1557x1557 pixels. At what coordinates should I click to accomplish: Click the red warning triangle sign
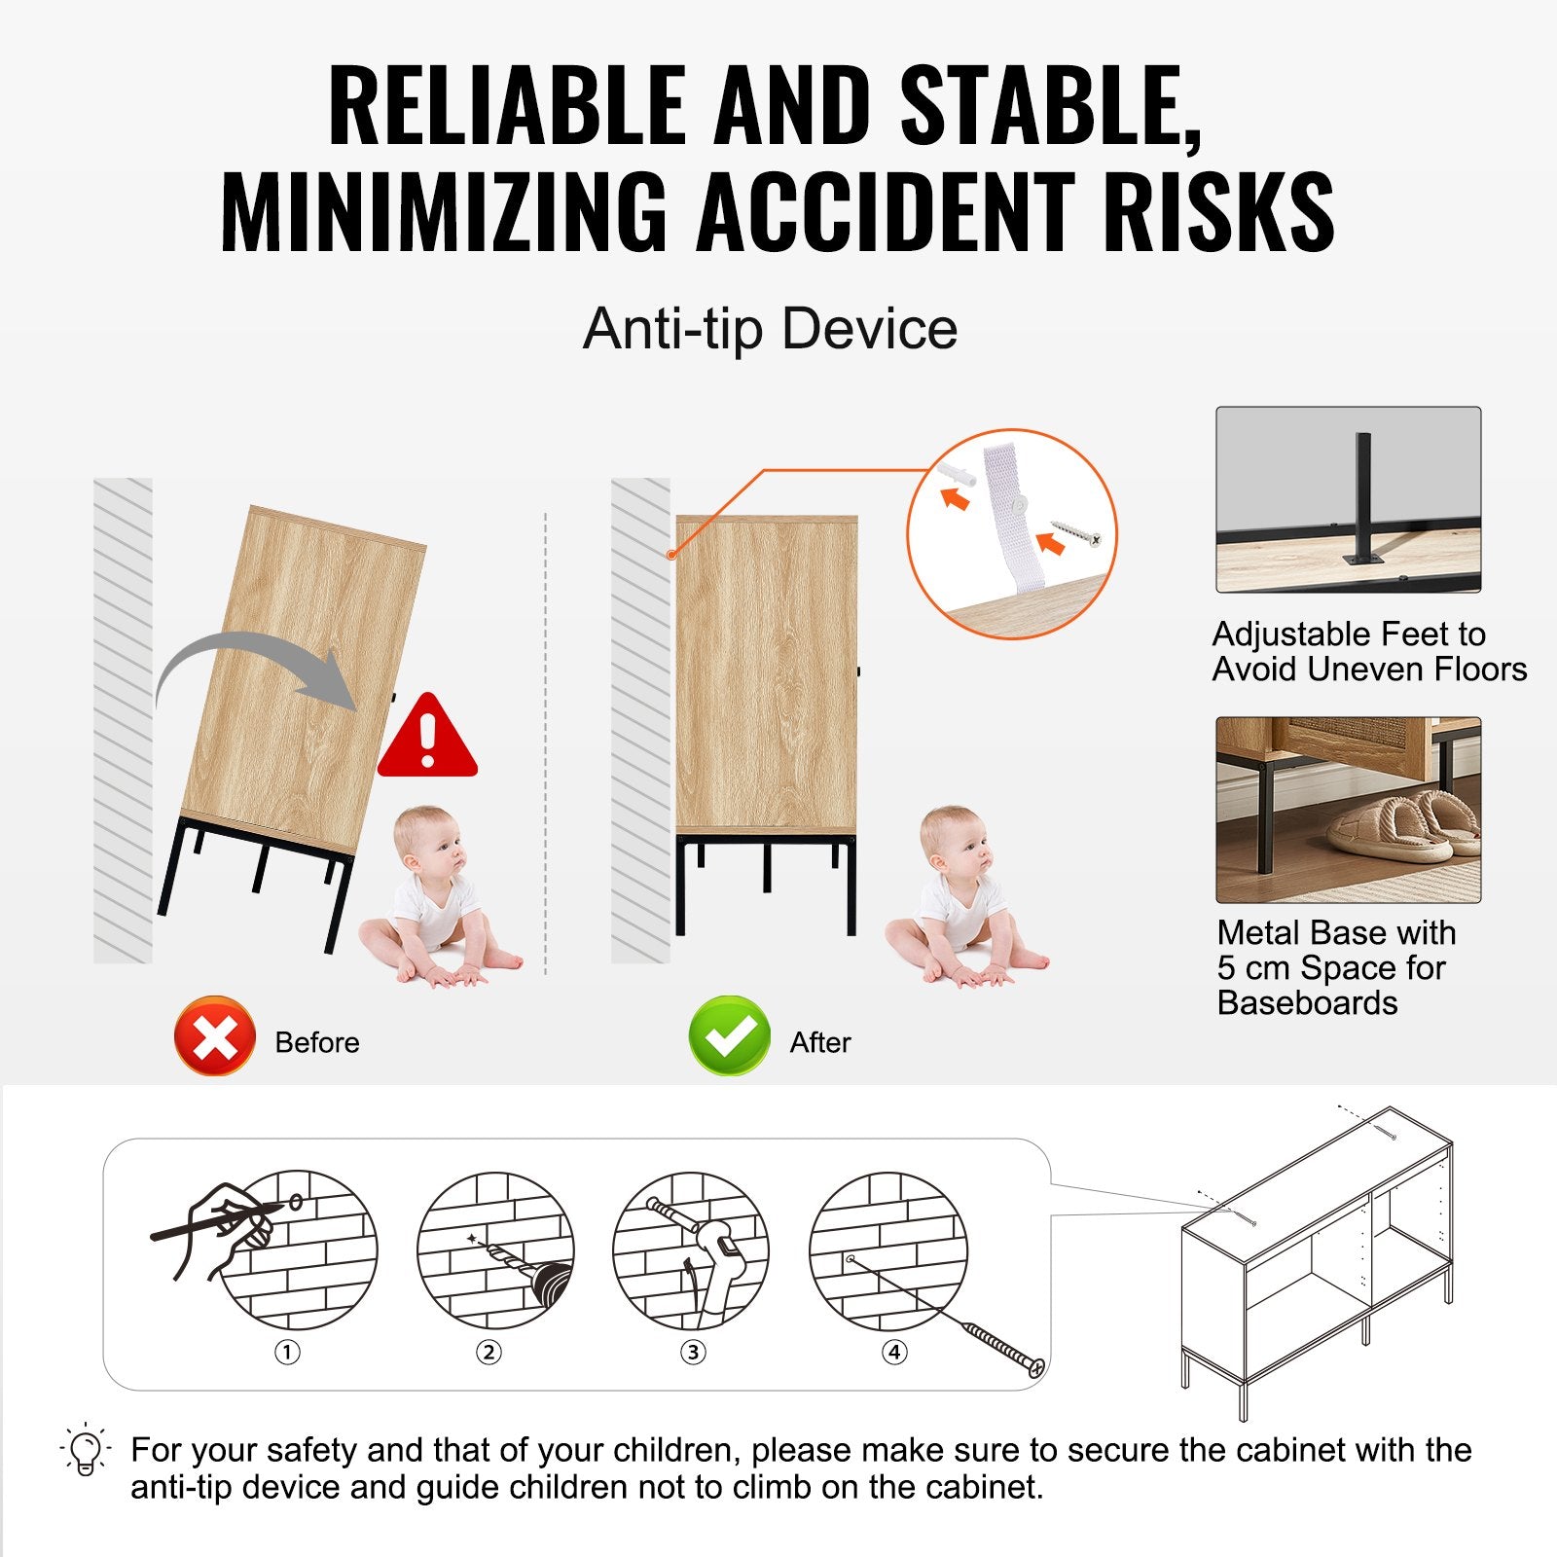pyautogui.click(x=427, y=737)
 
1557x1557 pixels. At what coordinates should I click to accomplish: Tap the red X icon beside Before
pyautogui.click(x=215, y=1035)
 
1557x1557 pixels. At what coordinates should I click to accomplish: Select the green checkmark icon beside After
pyautogui.click(x=730, y=1035)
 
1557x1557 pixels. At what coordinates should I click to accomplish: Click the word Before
pyautogui.click(x=317, y=1042)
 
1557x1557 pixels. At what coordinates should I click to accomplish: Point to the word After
pyautogui.click(x=820, y=1042)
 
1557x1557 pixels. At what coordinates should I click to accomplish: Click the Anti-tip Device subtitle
pyautogui.click(x=770, y=328)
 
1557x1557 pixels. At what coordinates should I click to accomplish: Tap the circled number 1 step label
pyautogui.click(x=287, y=1352)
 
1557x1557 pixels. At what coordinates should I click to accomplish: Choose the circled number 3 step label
pyautogui.click(x=693, y=1352)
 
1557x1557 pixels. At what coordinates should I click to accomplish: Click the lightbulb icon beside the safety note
pyautogui.click(x=86, y=1449)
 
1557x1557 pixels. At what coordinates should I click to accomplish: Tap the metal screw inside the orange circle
pyautogui.click(x=1076, y=532)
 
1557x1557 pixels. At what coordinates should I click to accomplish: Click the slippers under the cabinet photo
pyautogui.click(x=1401, y=827)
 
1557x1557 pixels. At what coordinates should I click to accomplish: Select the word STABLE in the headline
pyautogui.click(x=1051, y=106)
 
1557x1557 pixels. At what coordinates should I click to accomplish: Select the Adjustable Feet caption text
pyautogui.click(x=1369, y=652)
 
